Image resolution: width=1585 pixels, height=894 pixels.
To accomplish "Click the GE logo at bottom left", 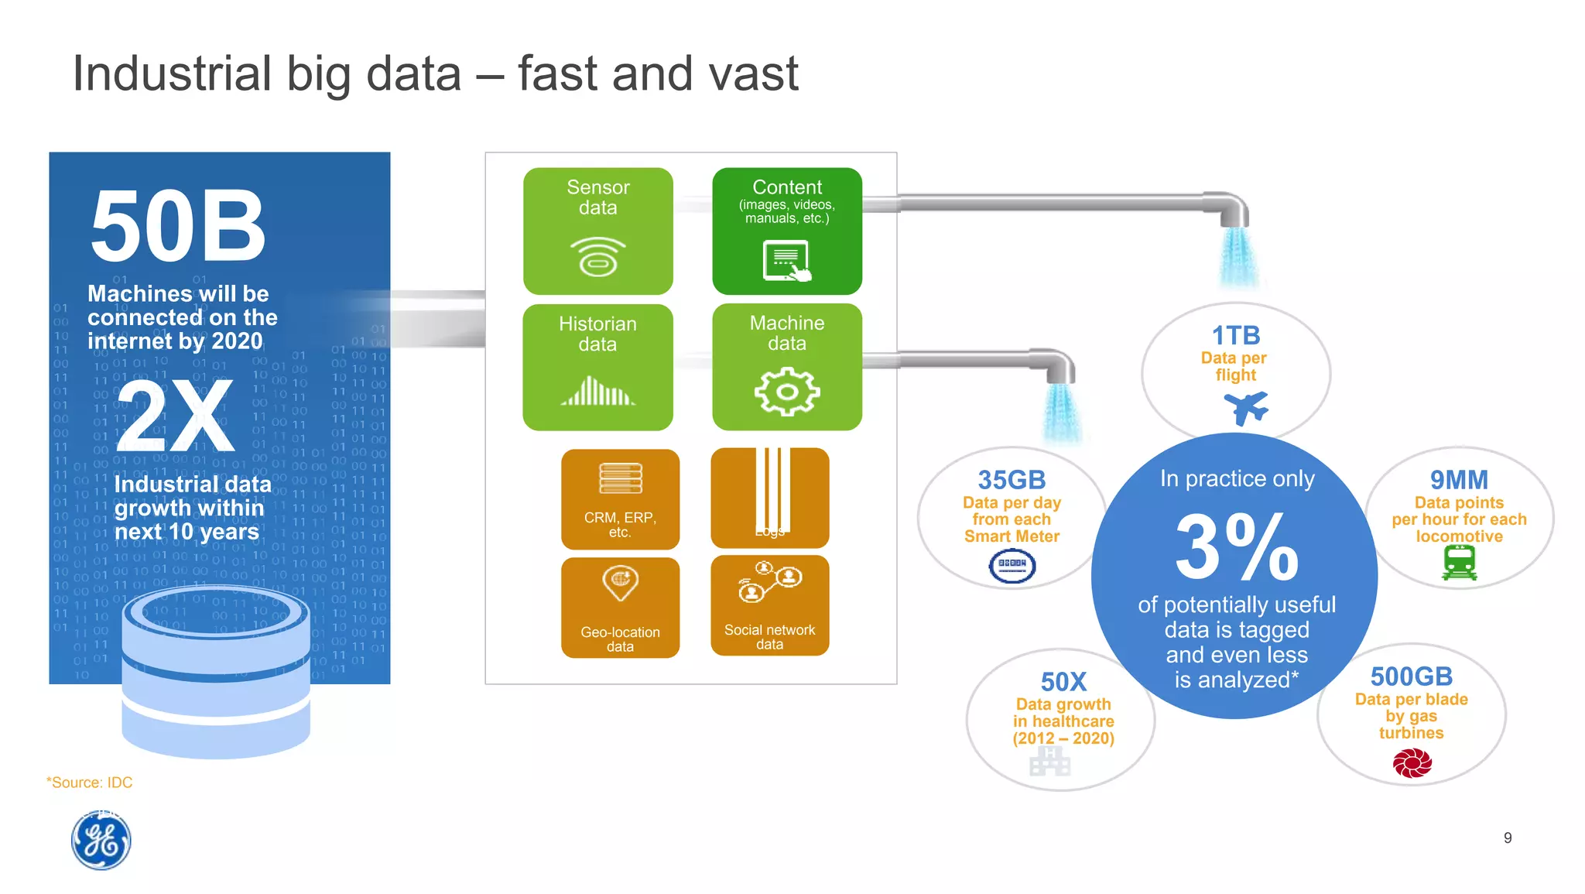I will coord(101,841).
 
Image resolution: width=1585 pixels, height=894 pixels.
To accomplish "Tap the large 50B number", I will coord(178,227).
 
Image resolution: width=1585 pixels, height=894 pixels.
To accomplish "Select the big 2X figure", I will coord(175,416).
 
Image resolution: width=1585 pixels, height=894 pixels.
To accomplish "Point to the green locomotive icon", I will coord(1459,563).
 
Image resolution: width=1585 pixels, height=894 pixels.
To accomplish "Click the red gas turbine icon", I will coord(1412,763).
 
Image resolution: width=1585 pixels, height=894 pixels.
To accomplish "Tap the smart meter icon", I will coord(1012,566).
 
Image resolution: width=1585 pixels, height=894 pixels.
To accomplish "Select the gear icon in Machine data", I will coord(786,392).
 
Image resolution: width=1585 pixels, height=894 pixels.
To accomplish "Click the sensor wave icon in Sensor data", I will coord(597,257).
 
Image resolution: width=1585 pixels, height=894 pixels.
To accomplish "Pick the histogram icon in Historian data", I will coord(597,392).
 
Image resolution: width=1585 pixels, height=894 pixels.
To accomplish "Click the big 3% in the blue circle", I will coord(1236,547).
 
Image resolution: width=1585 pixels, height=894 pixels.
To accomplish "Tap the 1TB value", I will coord(1236,335).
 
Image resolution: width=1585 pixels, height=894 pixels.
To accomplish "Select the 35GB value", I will coord(1012,480).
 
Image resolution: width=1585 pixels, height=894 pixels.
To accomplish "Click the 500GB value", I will coord(1411,676).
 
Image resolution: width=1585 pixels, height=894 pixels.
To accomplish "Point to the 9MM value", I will coord(1459,480).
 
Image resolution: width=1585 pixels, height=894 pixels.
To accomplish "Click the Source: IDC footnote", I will coord(90,783).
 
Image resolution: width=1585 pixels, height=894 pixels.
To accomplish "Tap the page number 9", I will coord(1508,837).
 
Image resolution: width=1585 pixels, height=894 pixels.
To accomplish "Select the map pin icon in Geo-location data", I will coord(620,583).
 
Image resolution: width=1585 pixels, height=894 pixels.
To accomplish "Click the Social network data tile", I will coord(769,605).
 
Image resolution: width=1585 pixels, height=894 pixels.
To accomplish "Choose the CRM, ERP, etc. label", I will coord(620,524).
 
